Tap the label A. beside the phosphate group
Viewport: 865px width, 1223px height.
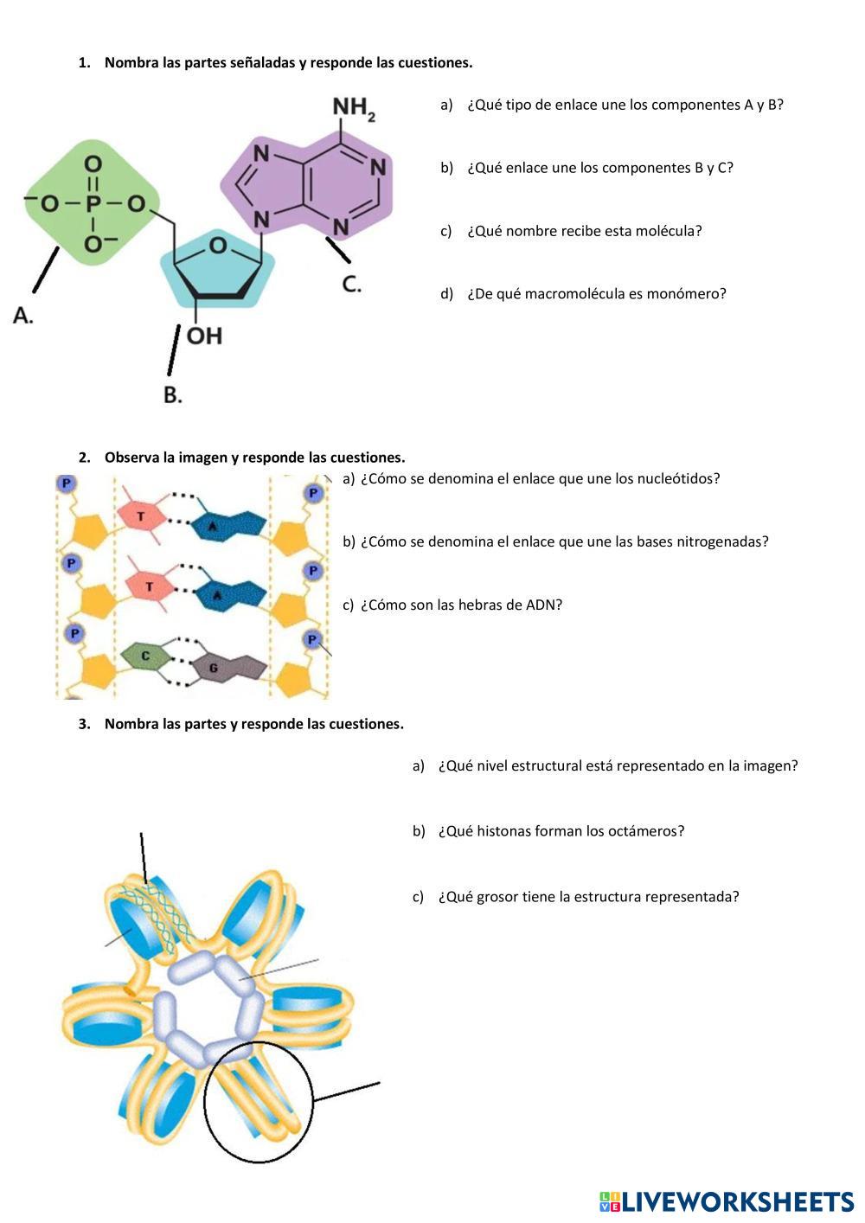(x=23, y=316)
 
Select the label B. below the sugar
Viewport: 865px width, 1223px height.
(x=173, y=394)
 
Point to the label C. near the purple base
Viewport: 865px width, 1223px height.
(x=351, y=284)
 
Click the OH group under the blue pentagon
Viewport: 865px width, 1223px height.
(x=204, y=335)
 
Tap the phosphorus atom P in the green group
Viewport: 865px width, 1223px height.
(x=93, y=204)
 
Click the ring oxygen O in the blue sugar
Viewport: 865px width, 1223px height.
(x=218, y=246)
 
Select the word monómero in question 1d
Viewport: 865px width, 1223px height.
(x=689, y=294)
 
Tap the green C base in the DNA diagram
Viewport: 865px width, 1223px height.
(x=145, y=656)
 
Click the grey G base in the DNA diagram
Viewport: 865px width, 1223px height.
(x=213, y=668)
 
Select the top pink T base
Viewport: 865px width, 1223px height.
(x=141, y=515)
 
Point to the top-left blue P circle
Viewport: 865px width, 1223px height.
(x=66, y=483)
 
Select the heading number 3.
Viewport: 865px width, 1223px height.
(x=84, y=724)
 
